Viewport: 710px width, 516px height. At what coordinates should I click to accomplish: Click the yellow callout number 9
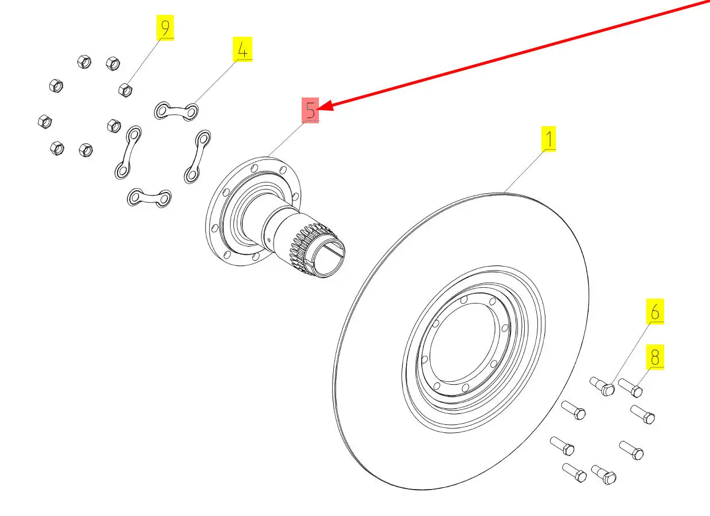(165, 28)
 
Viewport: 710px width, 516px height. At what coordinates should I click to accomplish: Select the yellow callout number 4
(243, 49)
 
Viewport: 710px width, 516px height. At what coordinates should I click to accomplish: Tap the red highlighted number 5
(310, 110)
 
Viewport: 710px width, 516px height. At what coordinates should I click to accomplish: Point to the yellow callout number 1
(549, 139)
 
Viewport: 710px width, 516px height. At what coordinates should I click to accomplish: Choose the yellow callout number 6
(655, 311)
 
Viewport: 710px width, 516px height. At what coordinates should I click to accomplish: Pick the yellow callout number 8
(655, 357)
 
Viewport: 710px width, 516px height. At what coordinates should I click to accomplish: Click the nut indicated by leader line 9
(125, 90)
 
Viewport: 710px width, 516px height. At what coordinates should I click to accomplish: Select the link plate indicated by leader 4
(176, 111)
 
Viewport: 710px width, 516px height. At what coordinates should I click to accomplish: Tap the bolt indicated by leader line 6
(602, 386)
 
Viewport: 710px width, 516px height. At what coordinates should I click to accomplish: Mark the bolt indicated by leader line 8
(630, 388)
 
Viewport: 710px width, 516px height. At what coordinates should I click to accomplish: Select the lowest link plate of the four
(149, 198)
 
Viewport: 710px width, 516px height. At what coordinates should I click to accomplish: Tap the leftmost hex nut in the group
(45, 122)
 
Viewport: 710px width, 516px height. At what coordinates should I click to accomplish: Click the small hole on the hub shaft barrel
(270, 240)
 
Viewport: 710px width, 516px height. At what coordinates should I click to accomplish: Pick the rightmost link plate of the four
(197, 157)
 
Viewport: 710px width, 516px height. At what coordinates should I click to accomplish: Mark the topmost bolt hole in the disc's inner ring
(464, 300)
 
